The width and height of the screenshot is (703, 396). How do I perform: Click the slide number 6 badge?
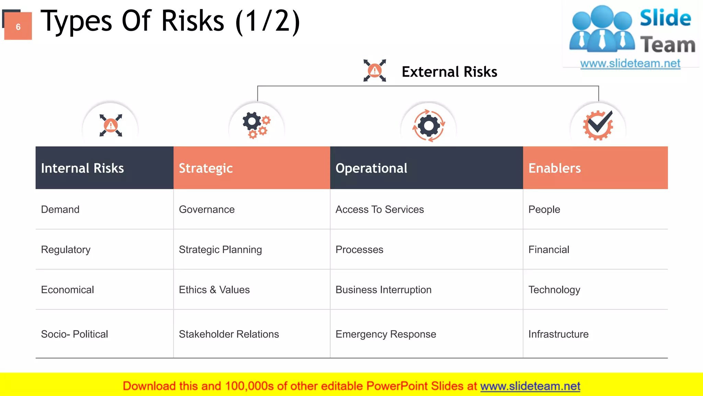pyautogui.click(x=18, y=26)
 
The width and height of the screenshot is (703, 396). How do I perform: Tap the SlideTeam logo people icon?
pyautogui.click(x=602, y=29)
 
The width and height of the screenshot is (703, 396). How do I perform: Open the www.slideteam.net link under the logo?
pyautogui.click(x=630, y=63)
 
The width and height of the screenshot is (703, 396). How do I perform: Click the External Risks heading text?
pyautogui.click(x=449, y=72)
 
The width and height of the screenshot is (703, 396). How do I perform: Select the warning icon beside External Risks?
pyautogui.click(x=374, y=70)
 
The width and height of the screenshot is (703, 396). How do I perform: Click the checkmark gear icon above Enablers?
pyautogui.click(x=598, y=125)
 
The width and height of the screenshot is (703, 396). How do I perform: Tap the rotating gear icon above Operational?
pyautogui.click(x=428, y=125)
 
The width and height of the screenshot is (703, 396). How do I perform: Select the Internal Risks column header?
pyautogui.click(x=82, y=168)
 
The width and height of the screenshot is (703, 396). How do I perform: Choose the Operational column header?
pyautogui.click(x=371, y=168)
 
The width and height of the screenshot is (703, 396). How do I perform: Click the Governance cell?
pyautogui.click(x=207, y=209)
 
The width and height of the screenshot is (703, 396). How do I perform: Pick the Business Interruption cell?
pyautogui.click(x=383, y=290)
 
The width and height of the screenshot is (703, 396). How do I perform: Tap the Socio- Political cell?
pyautogui.click(x=74, y=334)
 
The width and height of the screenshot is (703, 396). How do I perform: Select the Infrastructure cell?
pyautogui.click(x=558, y=334)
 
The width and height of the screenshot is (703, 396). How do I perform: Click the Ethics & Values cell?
pyautogui.click(x=214, y=290)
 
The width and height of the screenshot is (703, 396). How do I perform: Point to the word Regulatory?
pyautogui.click(x=66, y=250)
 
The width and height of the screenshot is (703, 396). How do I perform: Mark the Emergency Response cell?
pyautogui.click(x=386, y=334)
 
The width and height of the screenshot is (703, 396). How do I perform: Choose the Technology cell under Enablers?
pyautogui.click(x=554, y=290)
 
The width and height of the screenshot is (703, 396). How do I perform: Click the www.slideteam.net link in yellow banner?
pyautogui.click(x=530, y=386)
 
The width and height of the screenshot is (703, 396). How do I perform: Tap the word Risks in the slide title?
pyautogui.click(x=193, y=21)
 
